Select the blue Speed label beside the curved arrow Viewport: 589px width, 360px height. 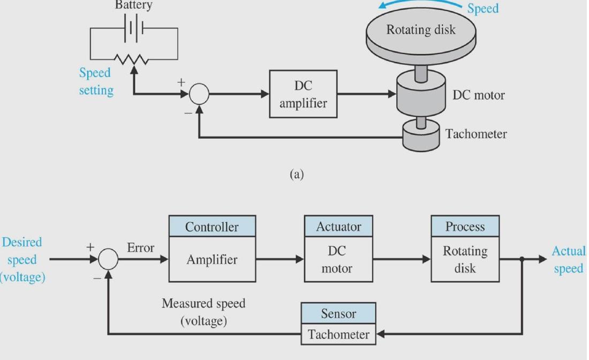[x=482, y=9]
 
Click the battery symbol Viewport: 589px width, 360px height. [x=133, y=27]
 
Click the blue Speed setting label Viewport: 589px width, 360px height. [x=96, y=81]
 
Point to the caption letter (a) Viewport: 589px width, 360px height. [x=296, y=174]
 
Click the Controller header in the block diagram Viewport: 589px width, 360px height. [x=212, y=227]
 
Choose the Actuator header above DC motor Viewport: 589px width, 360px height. [x=338, y=227]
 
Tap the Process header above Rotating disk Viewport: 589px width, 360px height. [x=465, y=227]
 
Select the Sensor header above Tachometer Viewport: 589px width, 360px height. [x=338, y=313]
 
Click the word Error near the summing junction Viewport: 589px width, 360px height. [x=140, y=248]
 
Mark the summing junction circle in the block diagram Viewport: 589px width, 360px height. [x=108, y=259]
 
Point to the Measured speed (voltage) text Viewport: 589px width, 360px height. [x=203, y=312]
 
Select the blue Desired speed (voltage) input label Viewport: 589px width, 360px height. [x=22, y=260]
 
